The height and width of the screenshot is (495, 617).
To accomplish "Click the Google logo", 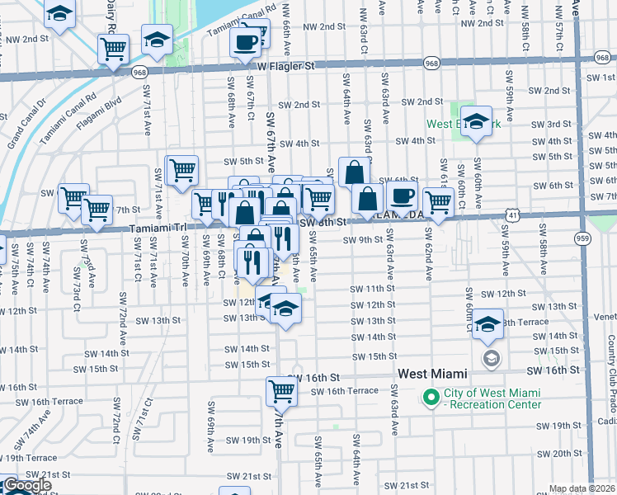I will [x=26, y=486].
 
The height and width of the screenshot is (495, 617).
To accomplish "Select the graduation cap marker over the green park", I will [x=476, y=121].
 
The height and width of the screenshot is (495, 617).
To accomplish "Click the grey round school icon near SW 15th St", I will [x=492, y=357].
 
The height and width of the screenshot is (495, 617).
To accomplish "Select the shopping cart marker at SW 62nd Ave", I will [x=438, y=201].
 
